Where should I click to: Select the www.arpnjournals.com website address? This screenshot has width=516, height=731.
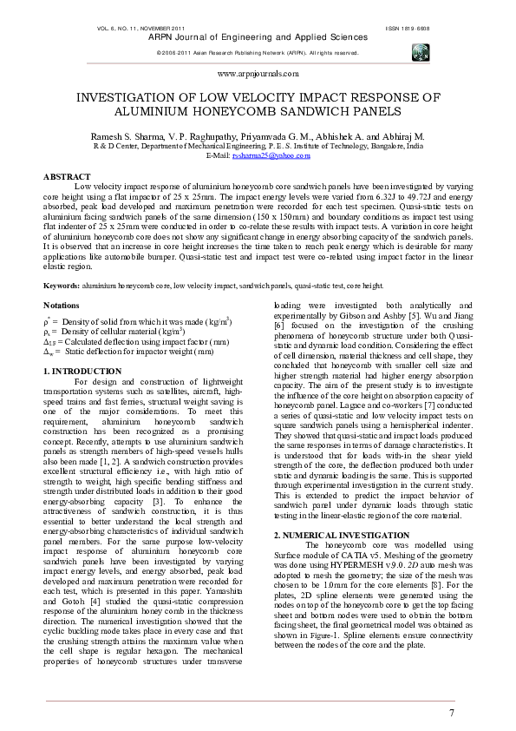[x=258, y=76]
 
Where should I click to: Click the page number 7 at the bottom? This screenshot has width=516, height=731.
[x=452, y=713]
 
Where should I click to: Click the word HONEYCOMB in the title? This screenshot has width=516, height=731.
[x=232, y=112]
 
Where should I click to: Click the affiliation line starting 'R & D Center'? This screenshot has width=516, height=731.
[x=258, y=147]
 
